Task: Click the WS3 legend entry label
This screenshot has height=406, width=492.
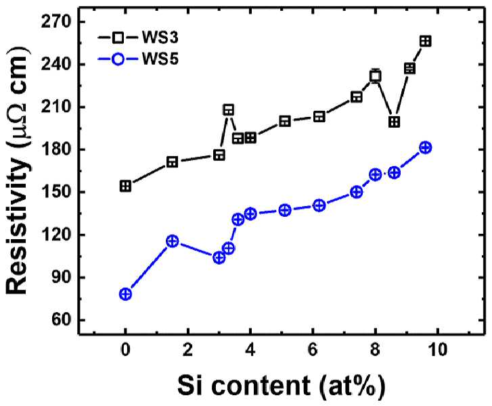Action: [160, 38]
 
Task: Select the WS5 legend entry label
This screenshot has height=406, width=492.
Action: [160, 59]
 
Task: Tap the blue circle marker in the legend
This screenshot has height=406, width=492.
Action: [118, 59]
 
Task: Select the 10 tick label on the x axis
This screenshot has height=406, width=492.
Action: [438, 349]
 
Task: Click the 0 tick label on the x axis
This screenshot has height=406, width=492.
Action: [125, 349]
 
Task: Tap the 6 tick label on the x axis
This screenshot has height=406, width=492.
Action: [313, 349]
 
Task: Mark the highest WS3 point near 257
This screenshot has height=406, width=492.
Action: [426, 41]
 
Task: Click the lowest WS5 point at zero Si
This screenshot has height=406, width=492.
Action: [125, 294]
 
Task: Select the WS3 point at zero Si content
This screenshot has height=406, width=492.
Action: [125, 186]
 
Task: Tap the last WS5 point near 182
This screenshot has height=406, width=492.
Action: [426, 147]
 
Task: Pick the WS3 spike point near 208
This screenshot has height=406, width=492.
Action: [229, 110]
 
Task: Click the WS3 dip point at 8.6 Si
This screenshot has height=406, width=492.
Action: [394, 122]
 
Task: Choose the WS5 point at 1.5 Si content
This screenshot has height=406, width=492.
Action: [173, 241]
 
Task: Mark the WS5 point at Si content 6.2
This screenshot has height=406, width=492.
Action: [319, 205]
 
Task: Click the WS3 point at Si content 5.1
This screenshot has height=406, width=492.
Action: [285, 121]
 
